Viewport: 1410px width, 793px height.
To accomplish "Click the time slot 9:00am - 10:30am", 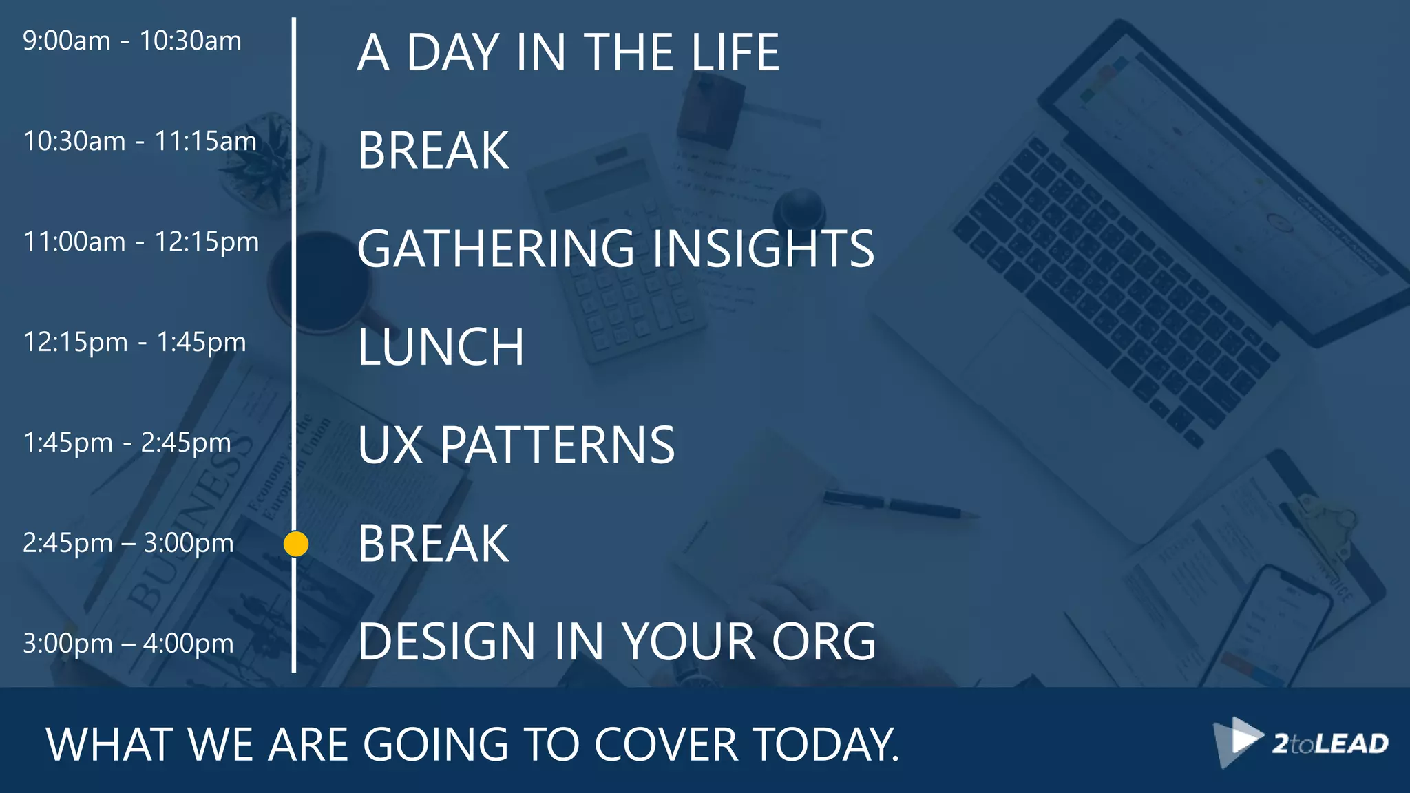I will (132, 41).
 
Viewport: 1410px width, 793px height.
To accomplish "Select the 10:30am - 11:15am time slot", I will (140, 142).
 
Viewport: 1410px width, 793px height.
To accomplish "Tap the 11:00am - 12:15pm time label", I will (141, 242).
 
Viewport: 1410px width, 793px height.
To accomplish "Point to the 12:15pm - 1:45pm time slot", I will (134, 342).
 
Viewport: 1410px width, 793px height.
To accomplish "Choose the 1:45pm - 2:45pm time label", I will (127, 443).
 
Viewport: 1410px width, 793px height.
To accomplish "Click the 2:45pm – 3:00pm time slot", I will (128, 543).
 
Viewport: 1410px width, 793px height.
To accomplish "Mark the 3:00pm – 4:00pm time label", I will (128, 644).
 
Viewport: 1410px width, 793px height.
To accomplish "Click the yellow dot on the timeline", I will (296, 544).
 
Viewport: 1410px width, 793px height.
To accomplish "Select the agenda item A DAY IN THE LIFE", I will (568, 52).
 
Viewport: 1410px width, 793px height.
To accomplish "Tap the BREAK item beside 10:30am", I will (433, 151).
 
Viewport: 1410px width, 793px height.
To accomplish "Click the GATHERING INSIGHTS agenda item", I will (615, 249).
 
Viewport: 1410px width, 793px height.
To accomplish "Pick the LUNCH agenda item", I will (441, 347).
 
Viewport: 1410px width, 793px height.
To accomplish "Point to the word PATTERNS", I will (558, 445).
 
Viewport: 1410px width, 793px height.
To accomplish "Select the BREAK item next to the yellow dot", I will (433, 544).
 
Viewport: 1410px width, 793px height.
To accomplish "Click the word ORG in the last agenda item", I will (823, 642).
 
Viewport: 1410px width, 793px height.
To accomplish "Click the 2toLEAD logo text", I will (1330, 743).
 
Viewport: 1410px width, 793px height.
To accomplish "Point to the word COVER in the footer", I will (666, 745).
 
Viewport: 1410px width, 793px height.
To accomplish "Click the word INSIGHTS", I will (763, 249).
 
